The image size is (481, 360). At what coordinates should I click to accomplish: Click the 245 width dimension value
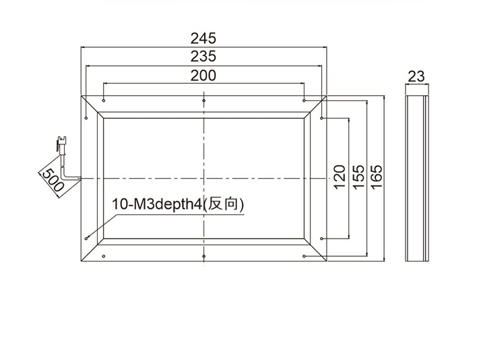pos(203,38)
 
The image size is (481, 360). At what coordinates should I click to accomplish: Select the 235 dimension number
pos(203,57)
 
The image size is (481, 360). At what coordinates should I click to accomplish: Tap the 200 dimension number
pos(203,76)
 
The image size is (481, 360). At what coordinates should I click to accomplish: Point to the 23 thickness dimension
pos(416,76)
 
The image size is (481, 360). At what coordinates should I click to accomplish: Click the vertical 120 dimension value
pos(340,177)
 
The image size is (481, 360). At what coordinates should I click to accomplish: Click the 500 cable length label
pos(53,180)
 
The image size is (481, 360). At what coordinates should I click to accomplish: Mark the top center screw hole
pos(204,100)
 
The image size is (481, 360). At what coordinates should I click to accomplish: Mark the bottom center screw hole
pos(204,256)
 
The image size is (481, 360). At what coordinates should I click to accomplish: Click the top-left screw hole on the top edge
pos(104,100)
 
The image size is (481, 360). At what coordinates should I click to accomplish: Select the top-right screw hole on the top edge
pos(304,100)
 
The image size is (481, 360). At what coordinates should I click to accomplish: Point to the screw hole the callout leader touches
pos(86,239)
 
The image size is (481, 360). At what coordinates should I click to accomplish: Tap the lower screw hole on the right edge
pos(321,239)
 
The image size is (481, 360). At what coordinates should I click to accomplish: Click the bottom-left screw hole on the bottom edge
pos(104,256)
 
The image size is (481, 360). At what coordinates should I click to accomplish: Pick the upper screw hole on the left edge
pos(86,118)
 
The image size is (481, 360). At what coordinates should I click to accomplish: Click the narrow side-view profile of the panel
pos(417,178)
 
